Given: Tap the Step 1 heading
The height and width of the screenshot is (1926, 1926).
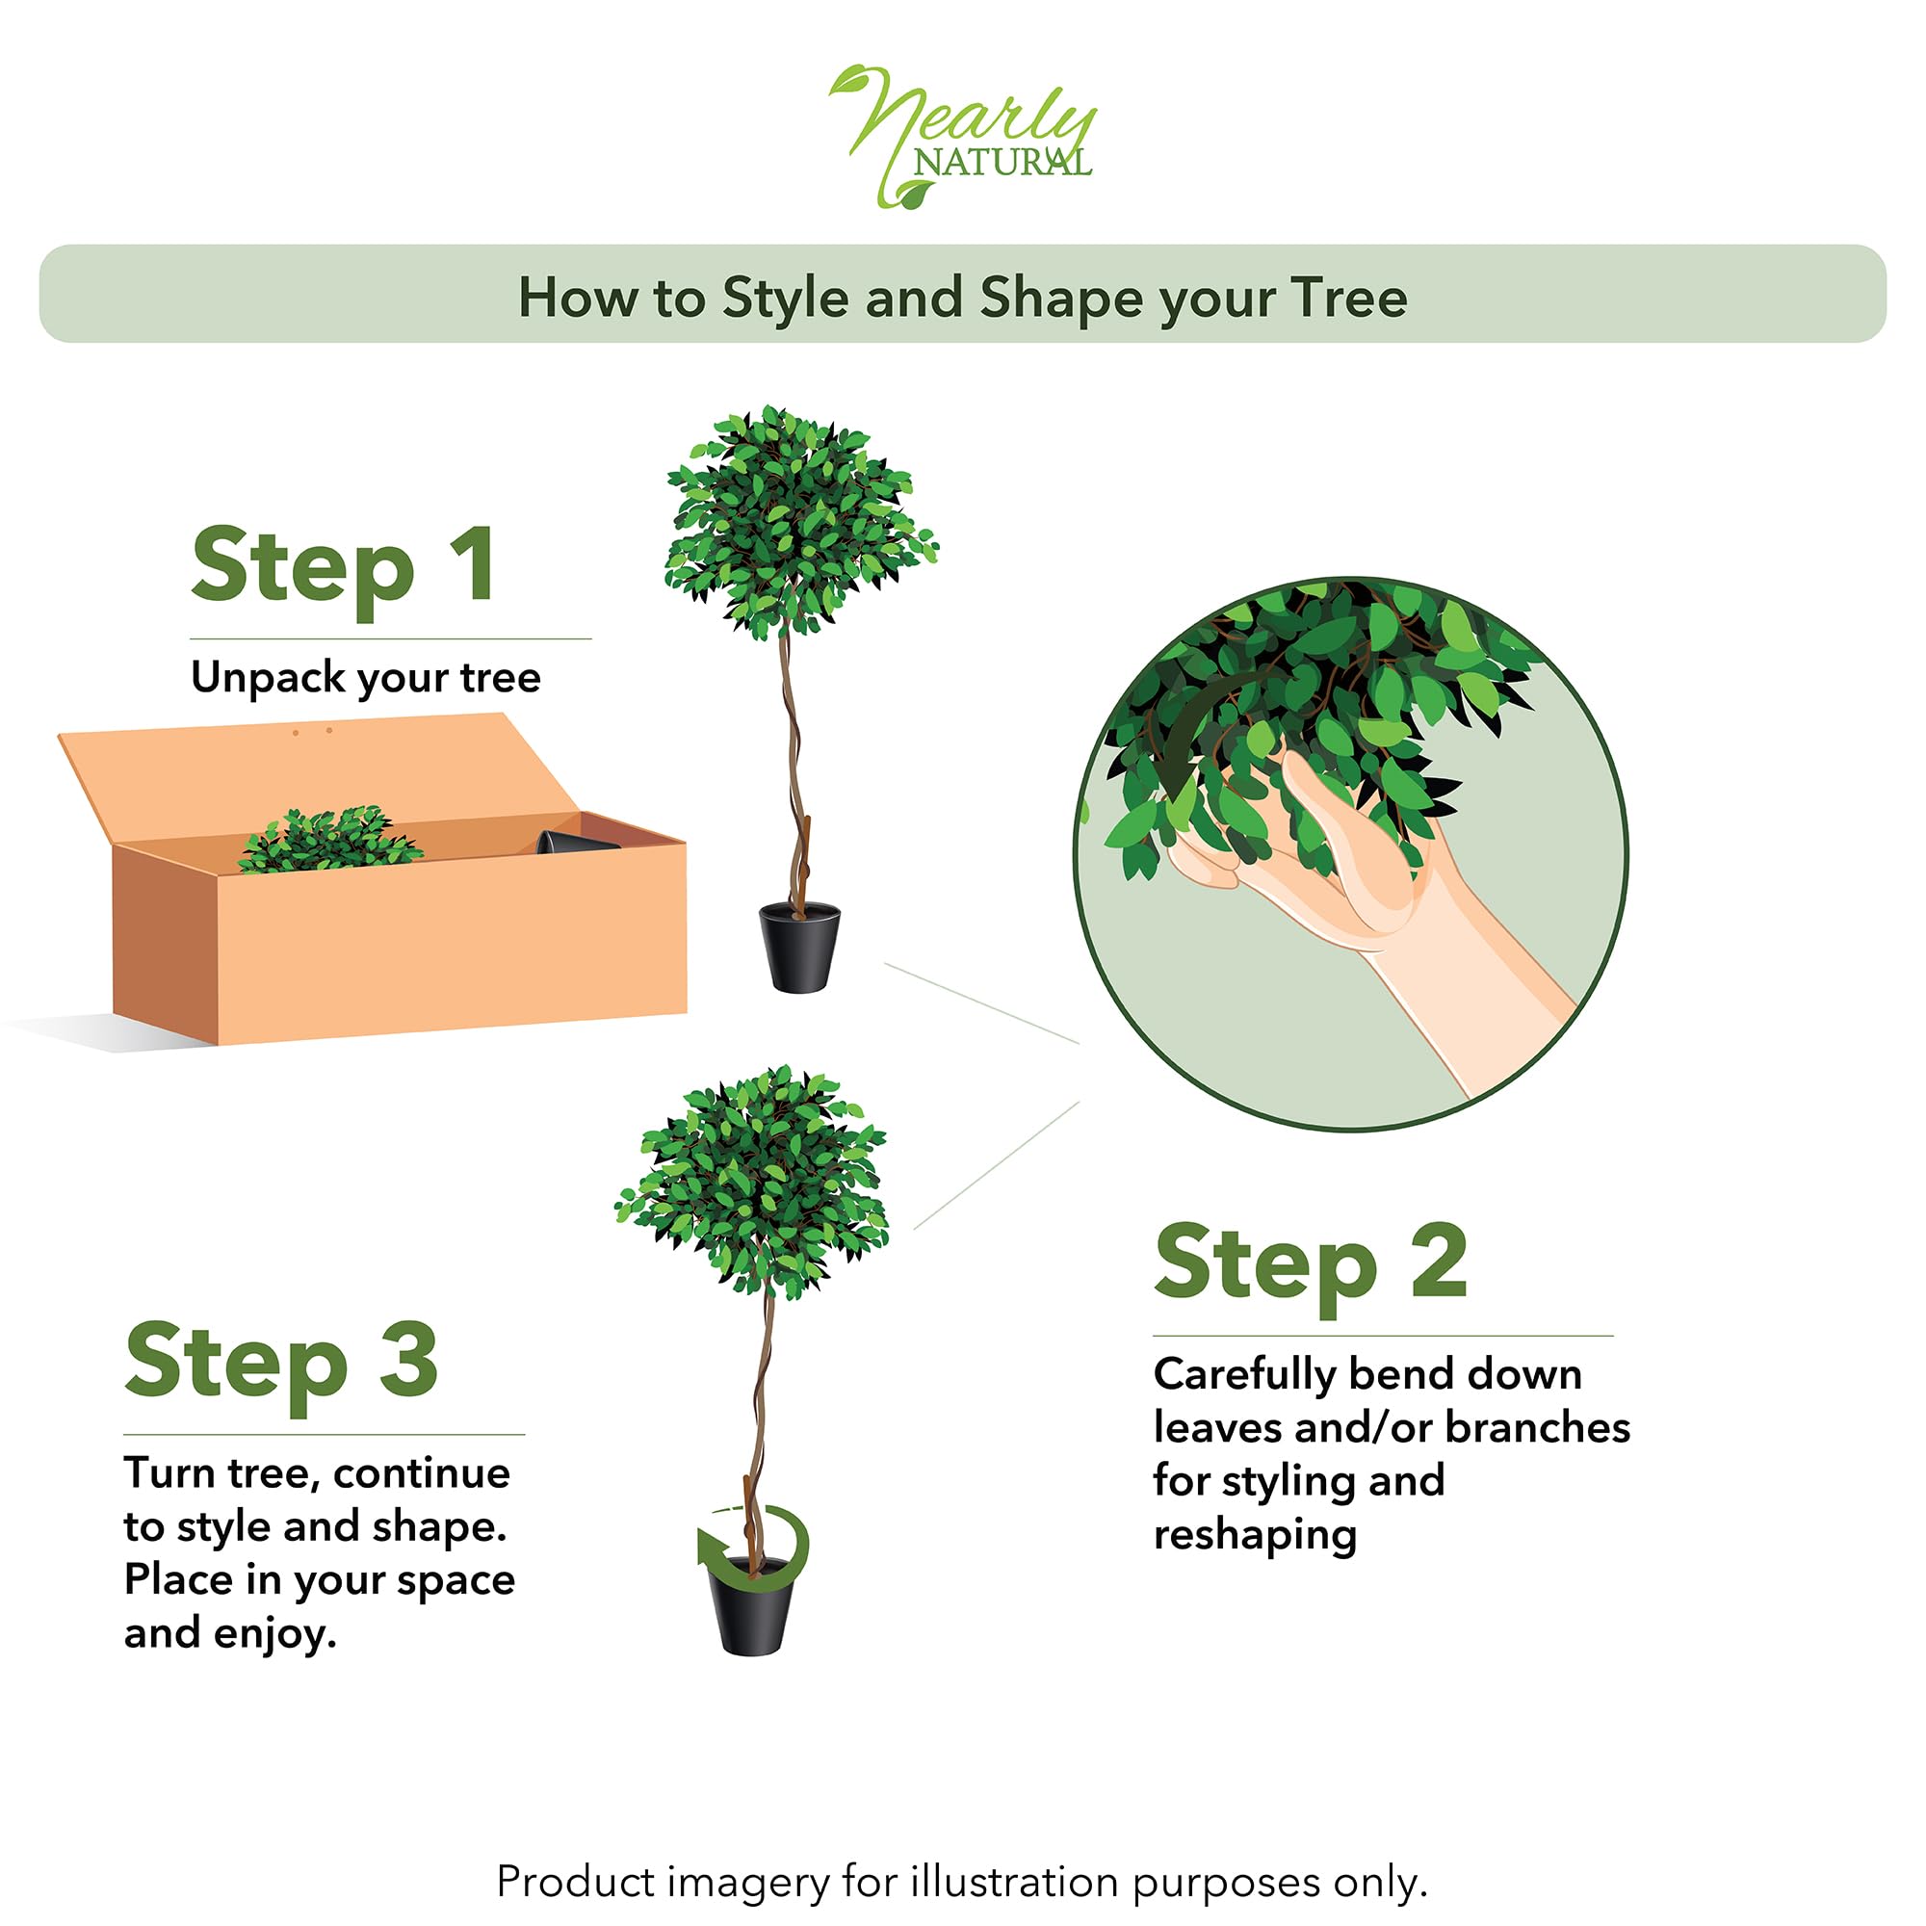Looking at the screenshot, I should click(343, 566).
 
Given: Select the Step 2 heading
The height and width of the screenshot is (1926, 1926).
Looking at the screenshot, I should click(1310, 1263).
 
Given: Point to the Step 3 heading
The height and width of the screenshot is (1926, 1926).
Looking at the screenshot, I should click(281, 1361).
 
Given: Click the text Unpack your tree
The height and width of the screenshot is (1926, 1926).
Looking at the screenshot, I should click(365, 678).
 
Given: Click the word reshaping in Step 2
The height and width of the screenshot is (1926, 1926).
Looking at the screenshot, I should click(1254, 1536).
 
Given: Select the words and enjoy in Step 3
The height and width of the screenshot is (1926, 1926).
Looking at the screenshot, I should click(229, 1634).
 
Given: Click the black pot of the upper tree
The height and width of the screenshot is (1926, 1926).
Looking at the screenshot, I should click(798, 947).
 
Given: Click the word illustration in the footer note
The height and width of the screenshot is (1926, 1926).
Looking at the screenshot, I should click(1013, 1881).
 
